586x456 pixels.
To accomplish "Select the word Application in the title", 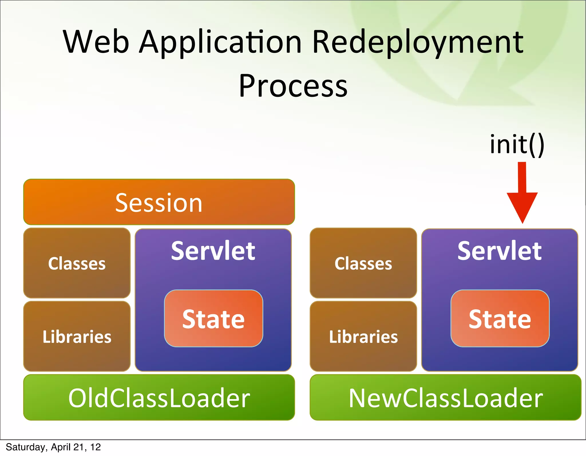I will click(220, 42).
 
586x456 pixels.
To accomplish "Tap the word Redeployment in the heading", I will click(418, 42).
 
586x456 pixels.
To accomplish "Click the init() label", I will click(517, 145).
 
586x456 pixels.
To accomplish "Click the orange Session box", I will click(159, 202).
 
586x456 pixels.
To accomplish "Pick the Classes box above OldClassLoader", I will click(77, 263).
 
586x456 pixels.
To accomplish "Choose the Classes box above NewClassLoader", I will click(363, 263).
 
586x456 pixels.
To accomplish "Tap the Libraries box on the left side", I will click(77, 336).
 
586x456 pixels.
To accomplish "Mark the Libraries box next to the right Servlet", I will click(363, 336).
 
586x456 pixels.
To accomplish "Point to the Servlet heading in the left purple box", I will click(213, 251).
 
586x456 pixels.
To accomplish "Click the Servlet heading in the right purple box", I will click(500, 251).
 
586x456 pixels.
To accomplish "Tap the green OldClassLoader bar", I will click(159, 398).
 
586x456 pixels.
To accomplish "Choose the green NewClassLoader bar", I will click(446, 398).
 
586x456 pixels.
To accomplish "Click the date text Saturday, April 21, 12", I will click(53, 447).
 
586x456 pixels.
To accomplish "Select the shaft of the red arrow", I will click(522, 177).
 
